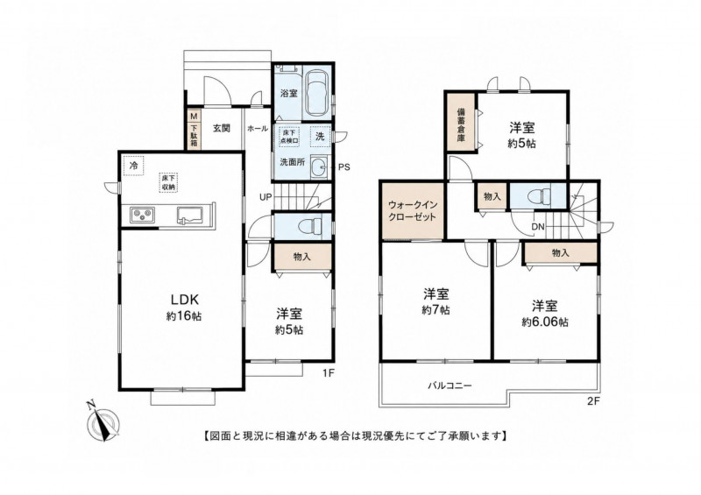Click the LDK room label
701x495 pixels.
(183, 299)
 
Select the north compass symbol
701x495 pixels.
(103, 421)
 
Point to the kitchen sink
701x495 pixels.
(189, 215)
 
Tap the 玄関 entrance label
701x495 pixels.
(221, 128)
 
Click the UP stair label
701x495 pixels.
(266, 197)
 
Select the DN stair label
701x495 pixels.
(538, 227)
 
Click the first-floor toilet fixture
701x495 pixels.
(313, 226)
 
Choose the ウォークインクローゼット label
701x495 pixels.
(413, 211)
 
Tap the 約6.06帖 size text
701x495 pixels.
(544, 322)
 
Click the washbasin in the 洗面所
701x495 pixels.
(319, 168)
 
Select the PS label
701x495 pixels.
(343, 168)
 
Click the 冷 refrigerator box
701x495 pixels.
(134, 166)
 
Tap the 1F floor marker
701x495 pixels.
(328, 372)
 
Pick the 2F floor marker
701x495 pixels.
(593, 401)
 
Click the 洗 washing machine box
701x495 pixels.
(320, 137)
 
